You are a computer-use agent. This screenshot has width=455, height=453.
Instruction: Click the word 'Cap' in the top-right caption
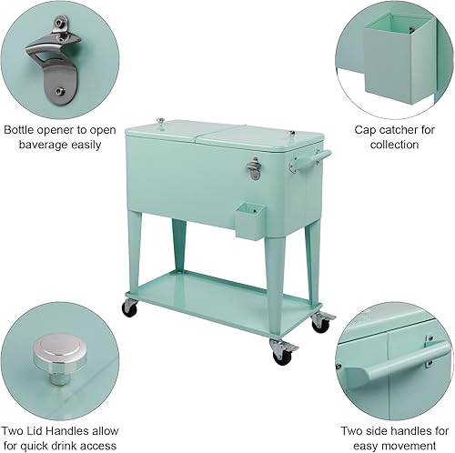[x=363, y=128]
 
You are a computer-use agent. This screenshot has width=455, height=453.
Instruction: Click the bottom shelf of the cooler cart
[x=218, y=300]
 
